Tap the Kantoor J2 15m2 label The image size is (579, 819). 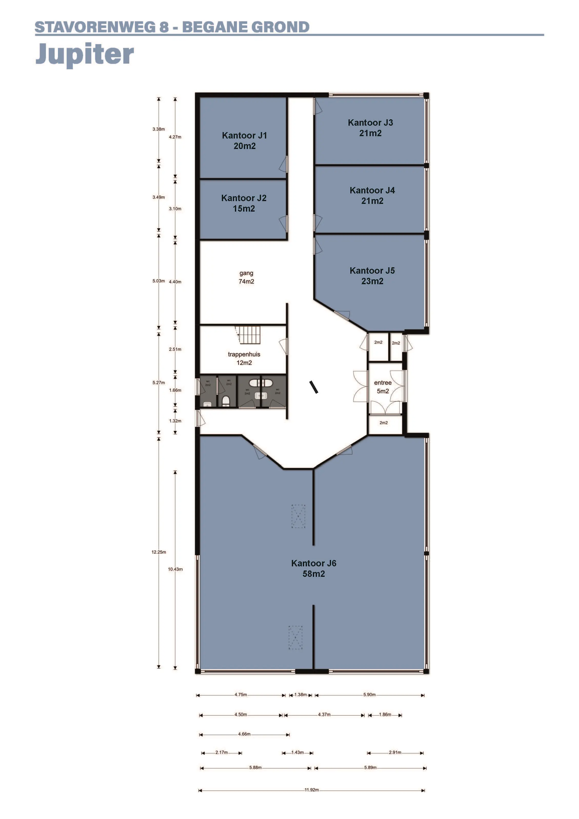[x=244, y=203]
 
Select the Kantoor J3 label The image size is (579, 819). [x=371, y=128]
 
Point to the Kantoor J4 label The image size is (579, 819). [x=372, y=195]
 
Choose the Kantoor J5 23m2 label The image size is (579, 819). [x=372, y=276]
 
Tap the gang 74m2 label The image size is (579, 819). [x=246, y=277]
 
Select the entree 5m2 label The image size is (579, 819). [x=383, y=387]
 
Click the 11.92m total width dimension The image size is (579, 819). [x=312, y=790]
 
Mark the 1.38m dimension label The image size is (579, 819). [x=301, y=695]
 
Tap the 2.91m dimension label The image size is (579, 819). [x=395, y=752]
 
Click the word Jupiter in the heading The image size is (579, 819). [x=85, y=54]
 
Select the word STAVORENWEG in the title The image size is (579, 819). [x=95, y=27]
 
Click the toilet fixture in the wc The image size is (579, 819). [x=226, y=401]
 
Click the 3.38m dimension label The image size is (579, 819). [x=159, y=129]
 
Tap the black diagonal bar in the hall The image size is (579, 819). [x=314, y=387]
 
